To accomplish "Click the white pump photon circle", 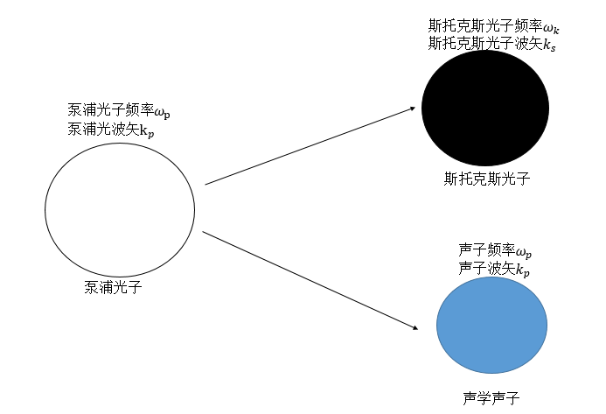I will [120, 209].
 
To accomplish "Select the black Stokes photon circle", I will [484, 108].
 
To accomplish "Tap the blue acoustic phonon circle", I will [491, 325].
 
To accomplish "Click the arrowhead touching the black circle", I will [411, 109].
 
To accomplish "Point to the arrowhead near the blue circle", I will [411, 328].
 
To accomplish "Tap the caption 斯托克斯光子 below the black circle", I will [487, 179].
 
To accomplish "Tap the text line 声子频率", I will [494, 250].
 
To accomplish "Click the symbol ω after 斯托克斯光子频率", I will [548, 28].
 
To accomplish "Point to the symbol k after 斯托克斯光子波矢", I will [548, 45].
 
